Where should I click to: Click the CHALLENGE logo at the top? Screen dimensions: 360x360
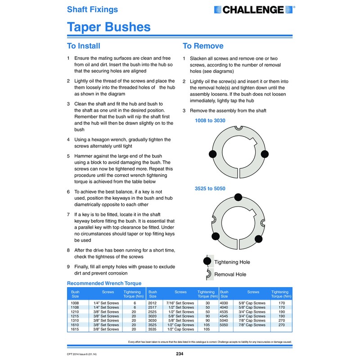point(254,9)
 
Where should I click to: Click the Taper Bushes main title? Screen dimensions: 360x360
point(108,27)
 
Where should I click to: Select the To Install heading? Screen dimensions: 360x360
point(83,46)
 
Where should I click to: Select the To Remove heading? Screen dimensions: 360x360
point(202,46)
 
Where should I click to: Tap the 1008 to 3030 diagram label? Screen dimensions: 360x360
point(210,121)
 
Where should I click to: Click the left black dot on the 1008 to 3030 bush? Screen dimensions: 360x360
point(212,154)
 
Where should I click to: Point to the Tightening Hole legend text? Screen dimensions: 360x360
point(232,262)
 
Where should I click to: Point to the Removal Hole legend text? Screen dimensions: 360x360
point(230,274)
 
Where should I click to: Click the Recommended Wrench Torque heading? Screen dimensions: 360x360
point(104,283)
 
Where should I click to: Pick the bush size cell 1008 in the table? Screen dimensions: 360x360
point(75,303)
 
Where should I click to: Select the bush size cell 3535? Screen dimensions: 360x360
point(153,329)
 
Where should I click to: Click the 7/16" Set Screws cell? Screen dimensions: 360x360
point(180,303)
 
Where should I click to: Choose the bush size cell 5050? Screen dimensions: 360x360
point(224,324)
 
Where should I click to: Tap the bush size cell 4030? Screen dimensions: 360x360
point(224,303)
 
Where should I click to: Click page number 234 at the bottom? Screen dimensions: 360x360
point(180,354)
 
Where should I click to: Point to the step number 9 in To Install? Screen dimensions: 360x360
point(68,267)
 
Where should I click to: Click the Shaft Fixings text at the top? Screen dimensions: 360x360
point(92,9)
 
